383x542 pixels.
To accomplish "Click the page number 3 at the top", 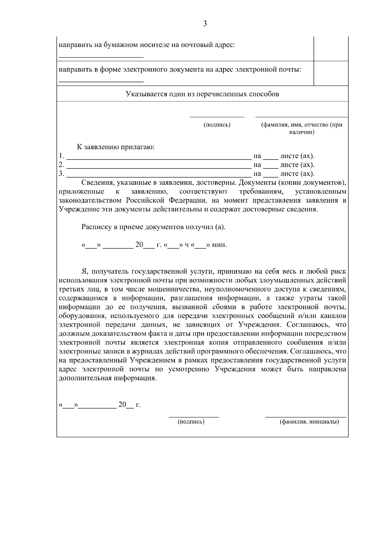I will pos(205,24).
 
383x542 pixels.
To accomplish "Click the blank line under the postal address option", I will pos(101,57).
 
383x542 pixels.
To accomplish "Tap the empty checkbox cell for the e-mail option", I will pos(331,74).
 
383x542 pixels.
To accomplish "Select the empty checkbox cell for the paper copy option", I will pos(331,49).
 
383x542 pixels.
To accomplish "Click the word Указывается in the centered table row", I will pos(145,94).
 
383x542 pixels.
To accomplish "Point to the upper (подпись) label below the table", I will pos(217,125).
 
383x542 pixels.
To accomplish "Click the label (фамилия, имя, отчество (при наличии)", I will pos(302,128).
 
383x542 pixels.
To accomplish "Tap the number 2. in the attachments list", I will pos(61,165).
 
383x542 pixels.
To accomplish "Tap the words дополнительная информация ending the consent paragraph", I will pos(108,378).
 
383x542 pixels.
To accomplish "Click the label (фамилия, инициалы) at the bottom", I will pos(309,422).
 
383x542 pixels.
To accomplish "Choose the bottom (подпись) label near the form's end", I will pos(191,422).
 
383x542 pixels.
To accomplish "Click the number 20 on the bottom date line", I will pos(123,405).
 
